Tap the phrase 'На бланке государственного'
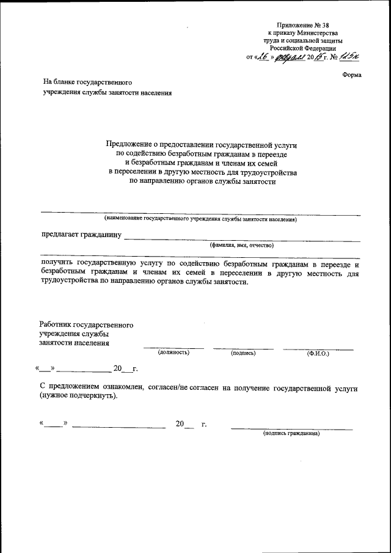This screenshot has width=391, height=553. coord(87,81)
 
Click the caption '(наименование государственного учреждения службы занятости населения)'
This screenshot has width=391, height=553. coord(200,218)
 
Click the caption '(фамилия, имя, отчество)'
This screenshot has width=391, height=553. coord(242,245)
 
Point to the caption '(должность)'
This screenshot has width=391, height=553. coord(174,353)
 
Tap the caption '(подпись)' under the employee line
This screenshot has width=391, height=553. coord(243,353)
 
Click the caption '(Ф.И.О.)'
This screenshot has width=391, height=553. coord(318,353)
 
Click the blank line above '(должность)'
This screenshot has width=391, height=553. coord(174,348)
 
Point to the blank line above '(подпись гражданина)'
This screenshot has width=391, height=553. coord(291,428)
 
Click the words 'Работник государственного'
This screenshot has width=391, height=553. coord(86,324)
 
